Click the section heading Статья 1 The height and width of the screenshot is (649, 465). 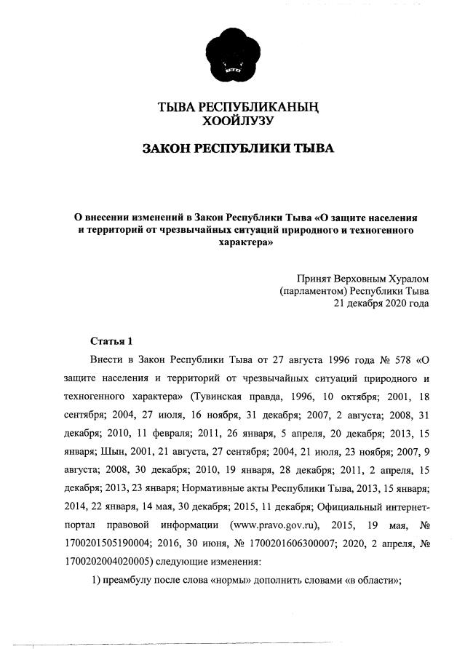coord(111,341)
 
